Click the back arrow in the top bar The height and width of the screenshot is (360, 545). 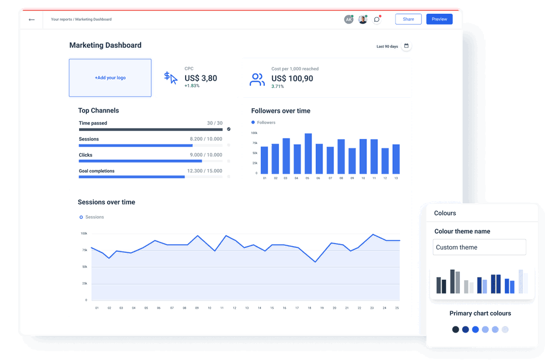click(x=32, y=20)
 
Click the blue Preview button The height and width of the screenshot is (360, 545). click(x=439, y=19)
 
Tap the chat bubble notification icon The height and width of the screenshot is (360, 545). click(x=377, y=20)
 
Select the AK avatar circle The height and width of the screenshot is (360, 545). click(x=348, y=20)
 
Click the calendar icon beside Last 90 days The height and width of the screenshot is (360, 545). click(x=407, y=46)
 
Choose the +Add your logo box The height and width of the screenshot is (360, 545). click(x=110, y=78)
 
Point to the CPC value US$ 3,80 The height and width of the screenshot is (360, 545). click(x=201, y=78)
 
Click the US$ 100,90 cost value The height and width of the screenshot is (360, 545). click(x=292, y=79)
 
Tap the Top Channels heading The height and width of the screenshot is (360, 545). click(x=98, y=110)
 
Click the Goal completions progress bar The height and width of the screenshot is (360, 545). click(x=132, y=177)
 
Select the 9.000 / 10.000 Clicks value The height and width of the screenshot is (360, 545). click(x=206, y=155)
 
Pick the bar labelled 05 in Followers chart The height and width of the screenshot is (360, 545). click(x=308, y=153)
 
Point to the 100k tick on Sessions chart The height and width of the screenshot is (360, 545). click(x=84, y=234)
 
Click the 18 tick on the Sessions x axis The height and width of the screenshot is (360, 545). click(x=310, y=308)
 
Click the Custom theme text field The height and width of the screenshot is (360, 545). click(x=479, y=247)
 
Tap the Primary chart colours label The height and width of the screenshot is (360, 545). click(x=480, y=313)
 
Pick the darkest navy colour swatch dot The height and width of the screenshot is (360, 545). click(x=455, y=330)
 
